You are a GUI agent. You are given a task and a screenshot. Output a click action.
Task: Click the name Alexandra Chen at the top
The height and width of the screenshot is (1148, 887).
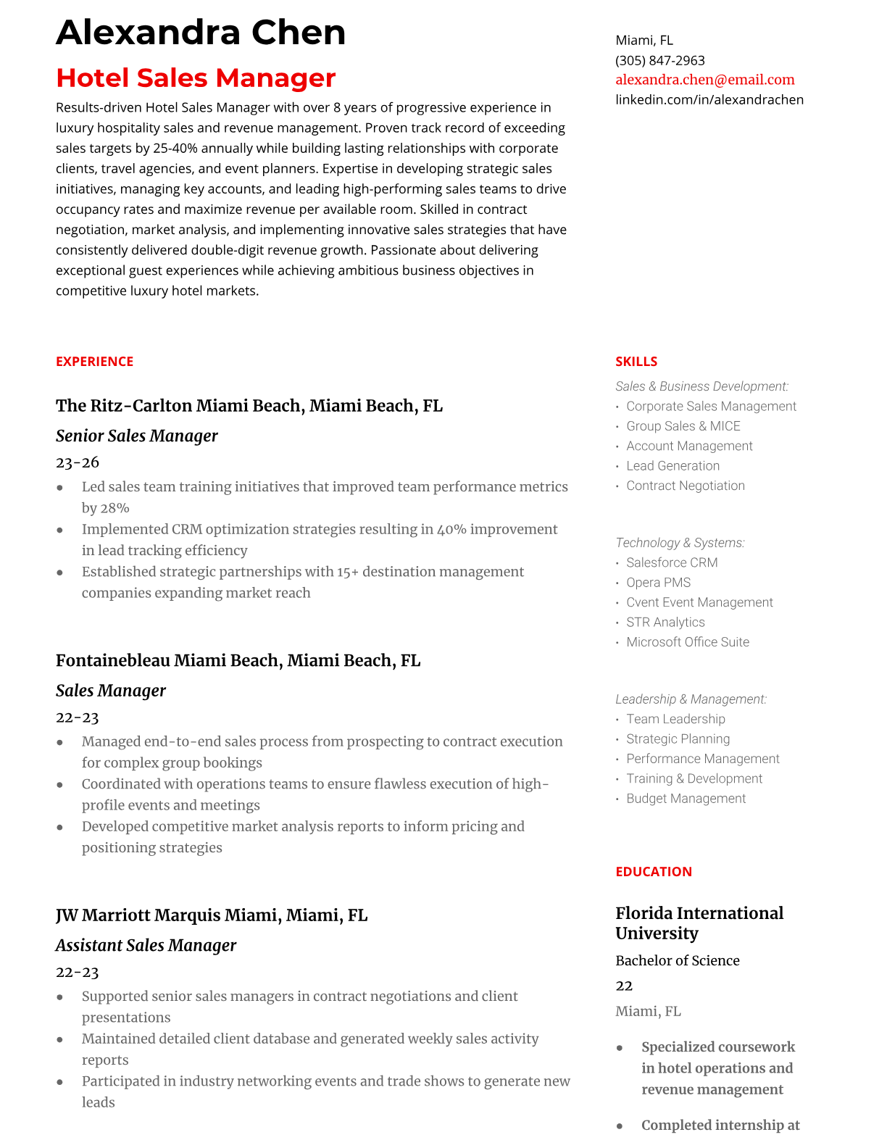(201, 33)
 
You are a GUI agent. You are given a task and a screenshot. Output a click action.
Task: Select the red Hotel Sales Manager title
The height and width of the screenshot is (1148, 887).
(196, 78)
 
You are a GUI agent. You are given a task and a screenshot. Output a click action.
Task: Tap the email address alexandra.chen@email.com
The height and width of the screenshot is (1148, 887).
(704, 80)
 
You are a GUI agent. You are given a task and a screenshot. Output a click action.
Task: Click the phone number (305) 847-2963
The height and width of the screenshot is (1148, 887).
(659, 60)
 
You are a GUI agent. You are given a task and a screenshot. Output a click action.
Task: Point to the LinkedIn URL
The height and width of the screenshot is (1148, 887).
(709, 99)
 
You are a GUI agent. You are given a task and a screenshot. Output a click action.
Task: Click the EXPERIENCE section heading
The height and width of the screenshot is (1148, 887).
(94, 362)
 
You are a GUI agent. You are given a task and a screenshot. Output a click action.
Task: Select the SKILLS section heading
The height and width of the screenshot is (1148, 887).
(636, 362)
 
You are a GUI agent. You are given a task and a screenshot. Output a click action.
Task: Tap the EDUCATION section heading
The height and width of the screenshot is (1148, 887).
(653, 872)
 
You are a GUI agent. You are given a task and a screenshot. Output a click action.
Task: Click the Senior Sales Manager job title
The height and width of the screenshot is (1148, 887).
(136, 436)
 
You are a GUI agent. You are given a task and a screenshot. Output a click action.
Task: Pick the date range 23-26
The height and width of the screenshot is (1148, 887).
(77, 462)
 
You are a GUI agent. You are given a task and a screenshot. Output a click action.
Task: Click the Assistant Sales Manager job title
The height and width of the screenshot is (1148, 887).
(146, 945)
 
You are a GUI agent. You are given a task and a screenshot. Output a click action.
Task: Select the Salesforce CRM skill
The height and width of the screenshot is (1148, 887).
(672, 562)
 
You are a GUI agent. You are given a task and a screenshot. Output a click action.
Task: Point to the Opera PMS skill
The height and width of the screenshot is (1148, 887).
(658, 583)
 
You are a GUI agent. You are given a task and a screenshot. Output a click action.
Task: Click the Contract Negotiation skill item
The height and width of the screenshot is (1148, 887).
(685, 486)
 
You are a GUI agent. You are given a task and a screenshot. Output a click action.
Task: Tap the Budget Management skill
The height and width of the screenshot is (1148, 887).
(686, 799)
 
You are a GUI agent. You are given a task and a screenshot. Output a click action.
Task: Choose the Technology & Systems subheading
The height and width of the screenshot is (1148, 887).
(680, 543)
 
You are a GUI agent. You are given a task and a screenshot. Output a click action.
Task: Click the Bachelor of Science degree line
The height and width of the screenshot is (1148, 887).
(677, 960)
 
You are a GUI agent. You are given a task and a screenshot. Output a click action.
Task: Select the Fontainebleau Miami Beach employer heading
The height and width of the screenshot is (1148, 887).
(238, 660)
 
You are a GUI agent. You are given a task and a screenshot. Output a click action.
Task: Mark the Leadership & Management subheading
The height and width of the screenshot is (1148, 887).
(691, 699)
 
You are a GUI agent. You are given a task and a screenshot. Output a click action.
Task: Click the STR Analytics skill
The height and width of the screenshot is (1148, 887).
(665, 623)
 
